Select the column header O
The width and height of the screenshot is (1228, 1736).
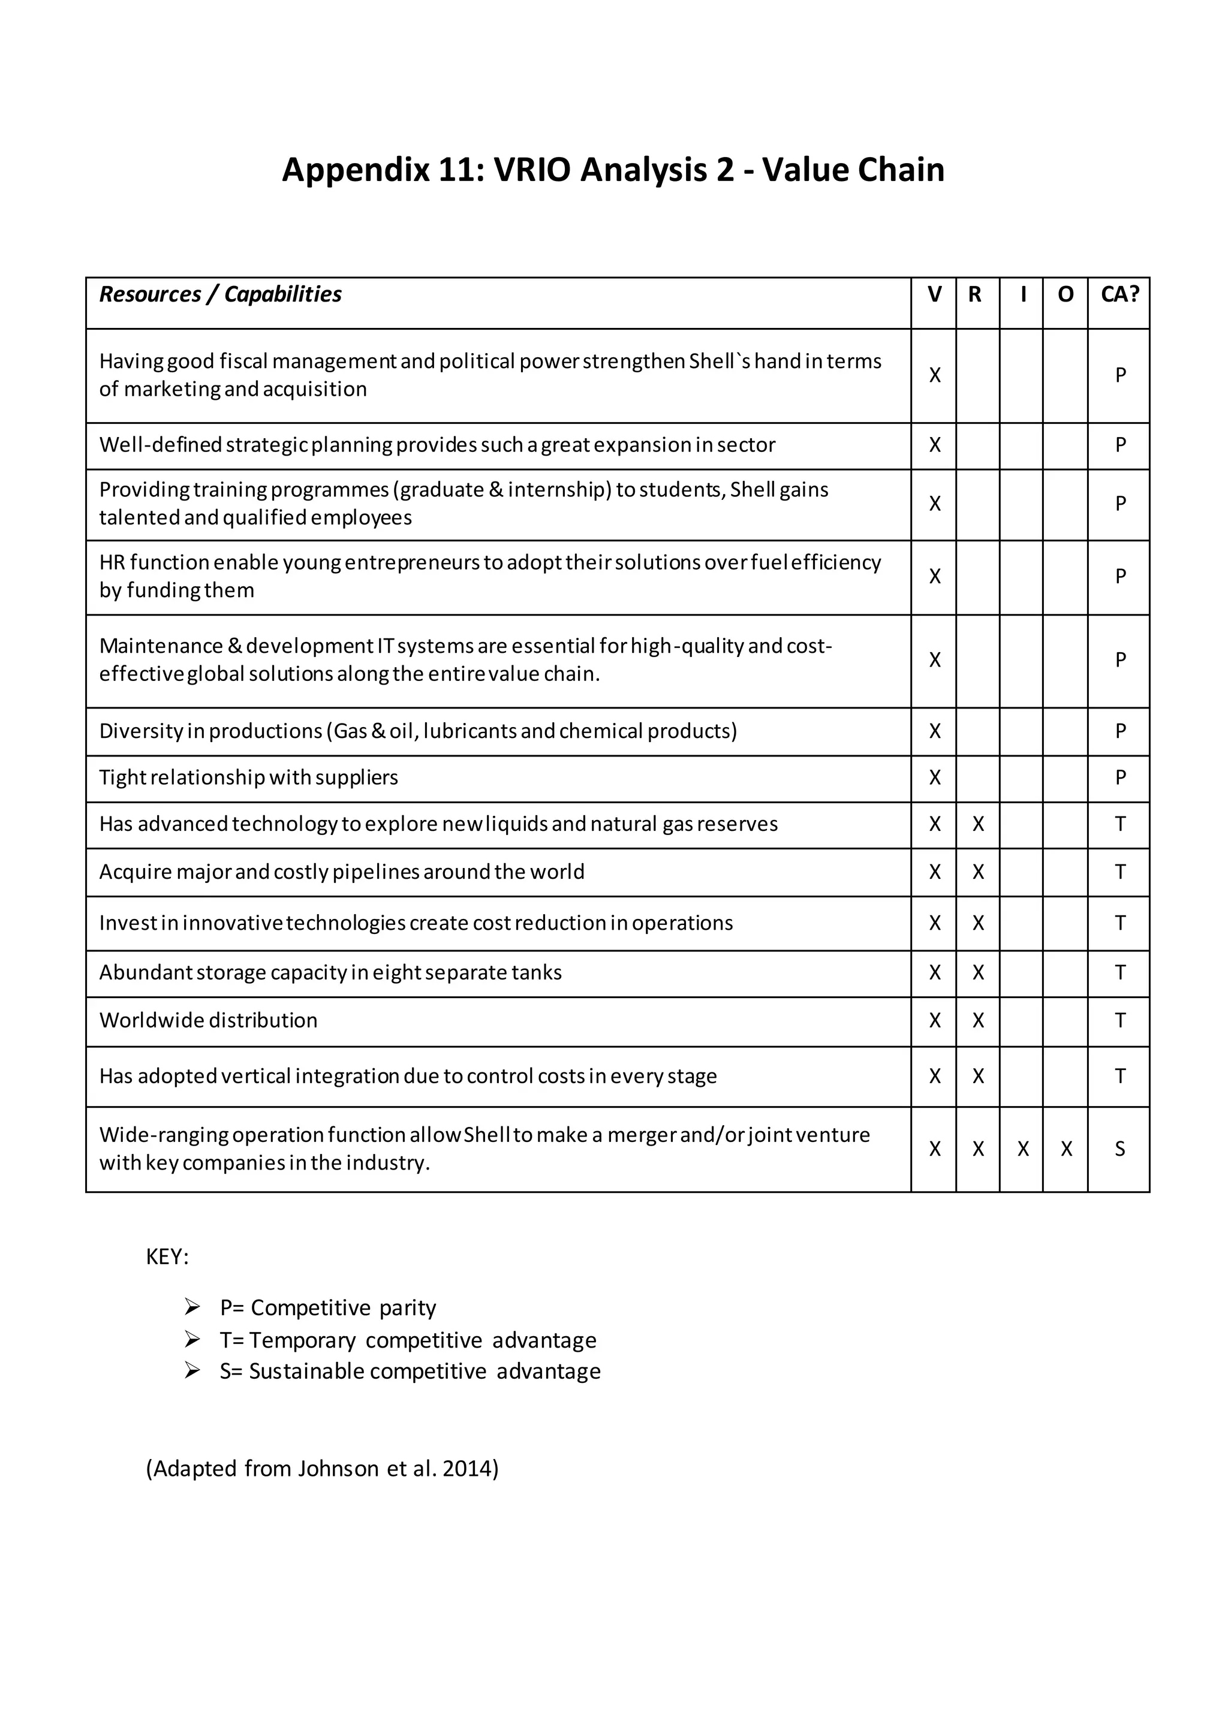coord(1065,294)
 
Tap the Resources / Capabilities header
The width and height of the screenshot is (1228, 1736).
coord(220,294)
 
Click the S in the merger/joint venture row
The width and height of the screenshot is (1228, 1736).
coord(1120,1149)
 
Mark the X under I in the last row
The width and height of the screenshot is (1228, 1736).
coord(1022,1149)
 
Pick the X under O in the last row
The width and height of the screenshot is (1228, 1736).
coord(1066,1149)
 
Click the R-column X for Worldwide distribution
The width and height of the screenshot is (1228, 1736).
coord(978,1021)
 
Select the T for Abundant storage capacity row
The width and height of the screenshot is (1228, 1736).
coord(1120,972)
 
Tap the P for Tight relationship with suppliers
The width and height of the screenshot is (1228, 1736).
coord(1120,777)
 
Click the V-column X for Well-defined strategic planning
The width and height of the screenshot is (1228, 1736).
coord(935,445)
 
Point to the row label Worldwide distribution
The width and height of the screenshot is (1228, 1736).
coord(208,1021)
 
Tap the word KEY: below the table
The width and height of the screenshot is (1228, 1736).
coord(167,1256)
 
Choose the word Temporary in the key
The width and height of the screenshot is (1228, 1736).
coord(302,1340)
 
